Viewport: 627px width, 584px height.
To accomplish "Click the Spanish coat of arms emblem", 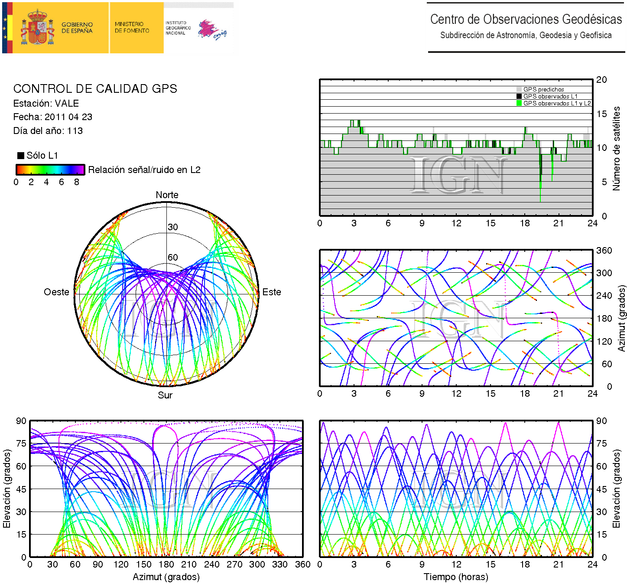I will click(38, 28).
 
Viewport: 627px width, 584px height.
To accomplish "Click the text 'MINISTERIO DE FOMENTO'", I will click(132, 27).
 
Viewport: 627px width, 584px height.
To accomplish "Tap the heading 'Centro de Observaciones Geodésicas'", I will click(526, 20).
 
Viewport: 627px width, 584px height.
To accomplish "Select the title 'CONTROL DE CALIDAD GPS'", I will click(95, 89).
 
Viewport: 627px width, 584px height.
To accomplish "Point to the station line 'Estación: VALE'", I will click(46, 104).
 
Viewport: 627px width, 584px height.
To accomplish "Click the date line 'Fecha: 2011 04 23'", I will click(52, 117).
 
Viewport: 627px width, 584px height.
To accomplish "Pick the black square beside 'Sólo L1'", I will click(20, 156).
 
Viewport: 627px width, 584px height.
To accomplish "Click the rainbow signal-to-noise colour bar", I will click(50, 170).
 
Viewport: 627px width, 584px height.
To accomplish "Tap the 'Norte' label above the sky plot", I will click(167, 195).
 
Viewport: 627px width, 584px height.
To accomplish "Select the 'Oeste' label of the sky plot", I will click(56, 292).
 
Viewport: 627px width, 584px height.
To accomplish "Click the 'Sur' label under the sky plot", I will click(165, 395).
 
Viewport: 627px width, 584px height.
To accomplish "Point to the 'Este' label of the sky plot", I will click(272, 292).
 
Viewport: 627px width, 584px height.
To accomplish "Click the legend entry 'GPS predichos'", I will click(543, 90).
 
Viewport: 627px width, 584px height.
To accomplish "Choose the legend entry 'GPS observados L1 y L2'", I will click(557, 103).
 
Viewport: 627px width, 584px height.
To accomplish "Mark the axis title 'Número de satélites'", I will click(616, 148).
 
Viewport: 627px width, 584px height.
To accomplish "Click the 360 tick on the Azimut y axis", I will click(604, 251).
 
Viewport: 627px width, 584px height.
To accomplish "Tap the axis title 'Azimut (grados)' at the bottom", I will click(166, 577).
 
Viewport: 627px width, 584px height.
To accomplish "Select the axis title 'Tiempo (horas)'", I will click(456, 577).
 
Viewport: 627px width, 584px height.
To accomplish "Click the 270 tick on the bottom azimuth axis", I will click(234, 564).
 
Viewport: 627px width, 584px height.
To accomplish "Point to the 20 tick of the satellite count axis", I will click(601, 80).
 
